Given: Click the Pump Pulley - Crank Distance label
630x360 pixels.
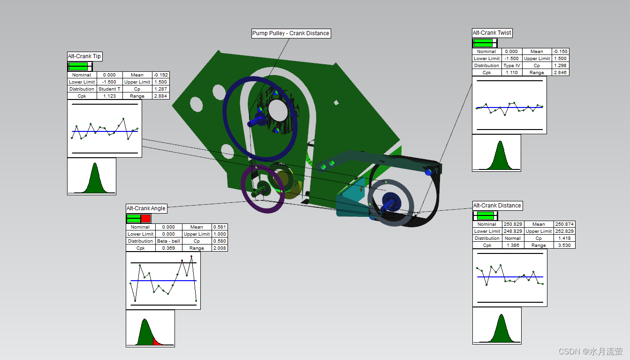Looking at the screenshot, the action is click(291, 33).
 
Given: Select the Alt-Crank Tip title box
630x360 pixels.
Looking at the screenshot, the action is click(84, 56).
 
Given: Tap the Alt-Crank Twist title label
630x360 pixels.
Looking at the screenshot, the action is click(492, 33).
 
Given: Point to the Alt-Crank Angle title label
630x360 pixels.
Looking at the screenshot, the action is click(146, 208).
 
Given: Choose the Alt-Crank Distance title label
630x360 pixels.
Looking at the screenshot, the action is click(497, 206).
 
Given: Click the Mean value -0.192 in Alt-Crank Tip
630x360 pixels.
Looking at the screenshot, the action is click(160, 75).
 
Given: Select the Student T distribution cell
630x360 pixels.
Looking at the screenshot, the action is click(109, 89).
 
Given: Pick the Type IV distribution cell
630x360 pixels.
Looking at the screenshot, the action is click(512, 66).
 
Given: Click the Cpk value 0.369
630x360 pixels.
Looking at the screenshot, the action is click(168, 248).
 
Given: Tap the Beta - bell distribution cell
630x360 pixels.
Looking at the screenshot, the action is click(168, 241).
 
